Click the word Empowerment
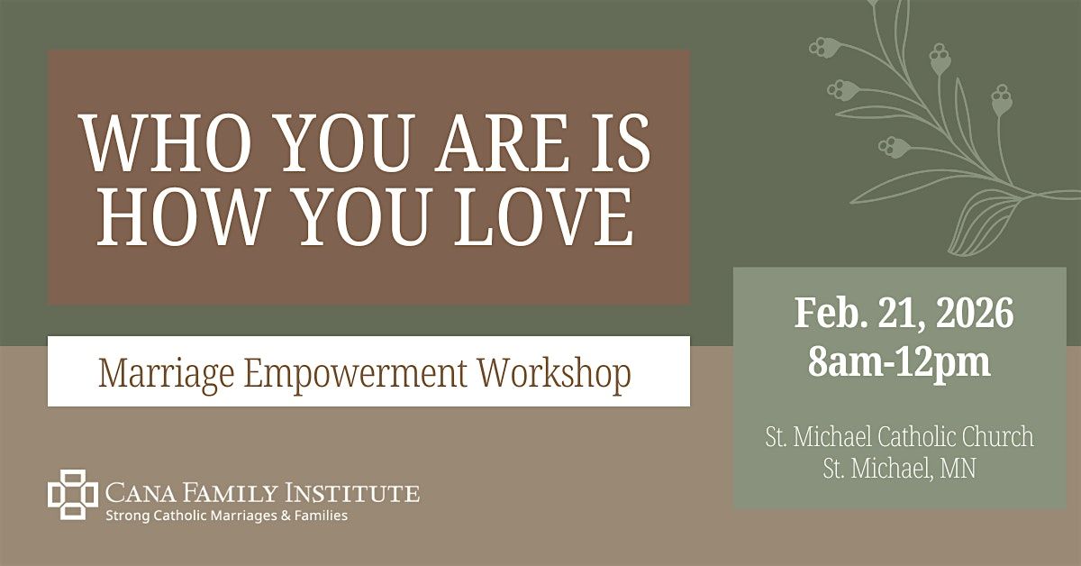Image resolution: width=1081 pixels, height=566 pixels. pyautogui.click(x=352, y=373)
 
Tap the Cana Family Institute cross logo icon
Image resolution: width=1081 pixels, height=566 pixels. pyautogui.click(x=72, y=495)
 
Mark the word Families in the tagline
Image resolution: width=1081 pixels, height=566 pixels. pyautogui.click(x=319, y=516)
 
